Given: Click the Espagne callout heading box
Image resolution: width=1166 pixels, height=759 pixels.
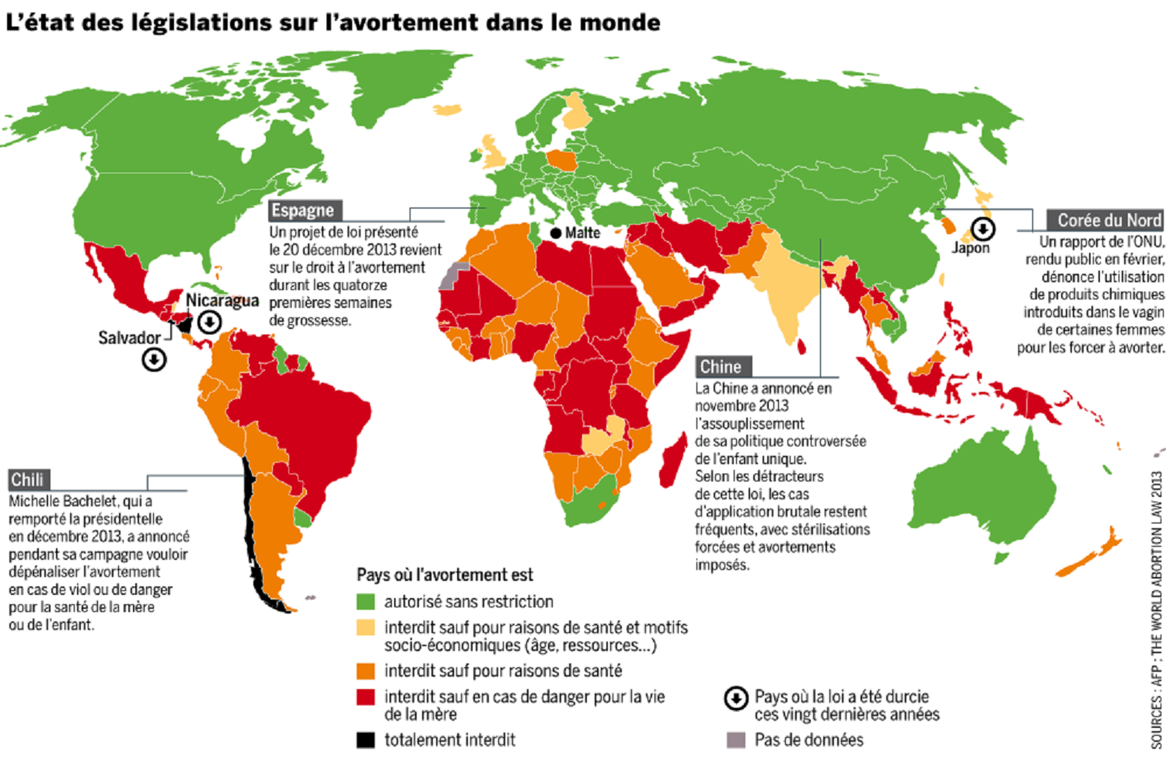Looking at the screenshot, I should (303, 210).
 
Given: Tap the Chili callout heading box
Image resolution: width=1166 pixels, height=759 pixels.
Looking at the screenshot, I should (28, 479).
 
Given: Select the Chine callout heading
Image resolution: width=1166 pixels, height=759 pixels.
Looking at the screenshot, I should (721, 366).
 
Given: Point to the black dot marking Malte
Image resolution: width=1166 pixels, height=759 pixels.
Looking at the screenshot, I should (555, 233).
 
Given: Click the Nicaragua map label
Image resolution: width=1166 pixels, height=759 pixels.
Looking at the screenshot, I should (222, 300).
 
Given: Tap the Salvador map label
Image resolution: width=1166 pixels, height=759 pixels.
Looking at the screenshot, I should (129, 338).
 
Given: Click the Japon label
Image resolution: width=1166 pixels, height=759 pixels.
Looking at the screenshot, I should (971, 248).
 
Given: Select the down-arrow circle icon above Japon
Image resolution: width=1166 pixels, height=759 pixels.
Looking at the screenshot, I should (983, 229).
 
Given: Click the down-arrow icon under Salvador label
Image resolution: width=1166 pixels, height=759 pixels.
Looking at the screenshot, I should (154, 359).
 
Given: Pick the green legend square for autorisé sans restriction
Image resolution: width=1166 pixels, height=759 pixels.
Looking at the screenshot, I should (365, 601).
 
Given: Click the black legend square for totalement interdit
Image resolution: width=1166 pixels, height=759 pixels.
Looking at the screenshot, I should (365, 740).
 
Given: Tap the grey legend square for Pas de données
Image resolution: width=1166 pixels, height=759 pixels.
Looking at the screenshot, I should (735, 740).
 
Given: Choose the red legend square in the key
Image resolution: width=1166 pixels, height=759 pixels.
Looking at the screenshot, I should (365, 697).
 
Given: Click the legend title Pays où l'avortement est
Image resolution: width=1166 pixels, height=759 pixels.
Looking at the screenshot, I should (445, 575).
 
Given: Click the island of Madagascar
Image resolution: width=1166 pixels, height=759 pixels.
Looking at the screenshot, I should (672, 460).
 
